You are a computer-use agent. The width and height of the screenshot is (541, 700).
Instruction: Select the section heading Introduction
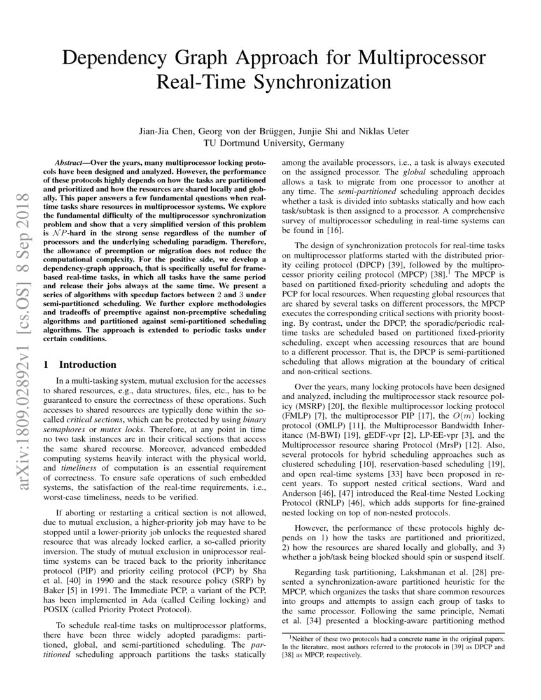(87, 365)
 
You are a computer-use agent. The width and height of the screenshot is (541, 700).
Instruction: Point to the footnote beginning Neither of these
(393, 639)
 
